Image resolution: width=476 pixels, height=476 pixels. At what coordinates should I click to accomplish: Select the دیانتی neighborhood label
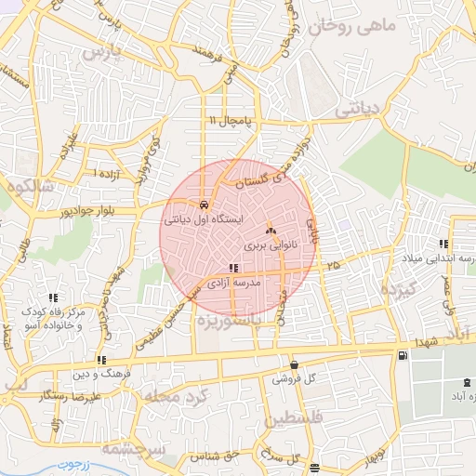tap(358, 109)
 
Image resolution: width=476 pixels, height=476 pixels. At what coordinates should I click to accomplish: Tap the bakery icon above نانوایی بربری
tap(271, 229)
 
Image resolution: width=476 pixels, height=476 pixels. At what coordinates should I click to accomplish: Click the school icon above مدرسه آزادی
tap(232, 268)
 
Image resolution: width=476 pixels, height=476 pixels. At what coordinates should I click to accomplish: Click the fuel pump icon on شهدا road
tap(402, 354)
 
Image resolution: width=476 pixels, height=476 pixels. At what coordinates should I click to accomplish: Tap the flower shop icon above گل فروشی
tap(294, 365)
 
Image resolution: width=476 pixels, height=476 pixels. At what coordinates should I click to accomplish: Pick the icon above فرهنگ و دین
tap(100, 360)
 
